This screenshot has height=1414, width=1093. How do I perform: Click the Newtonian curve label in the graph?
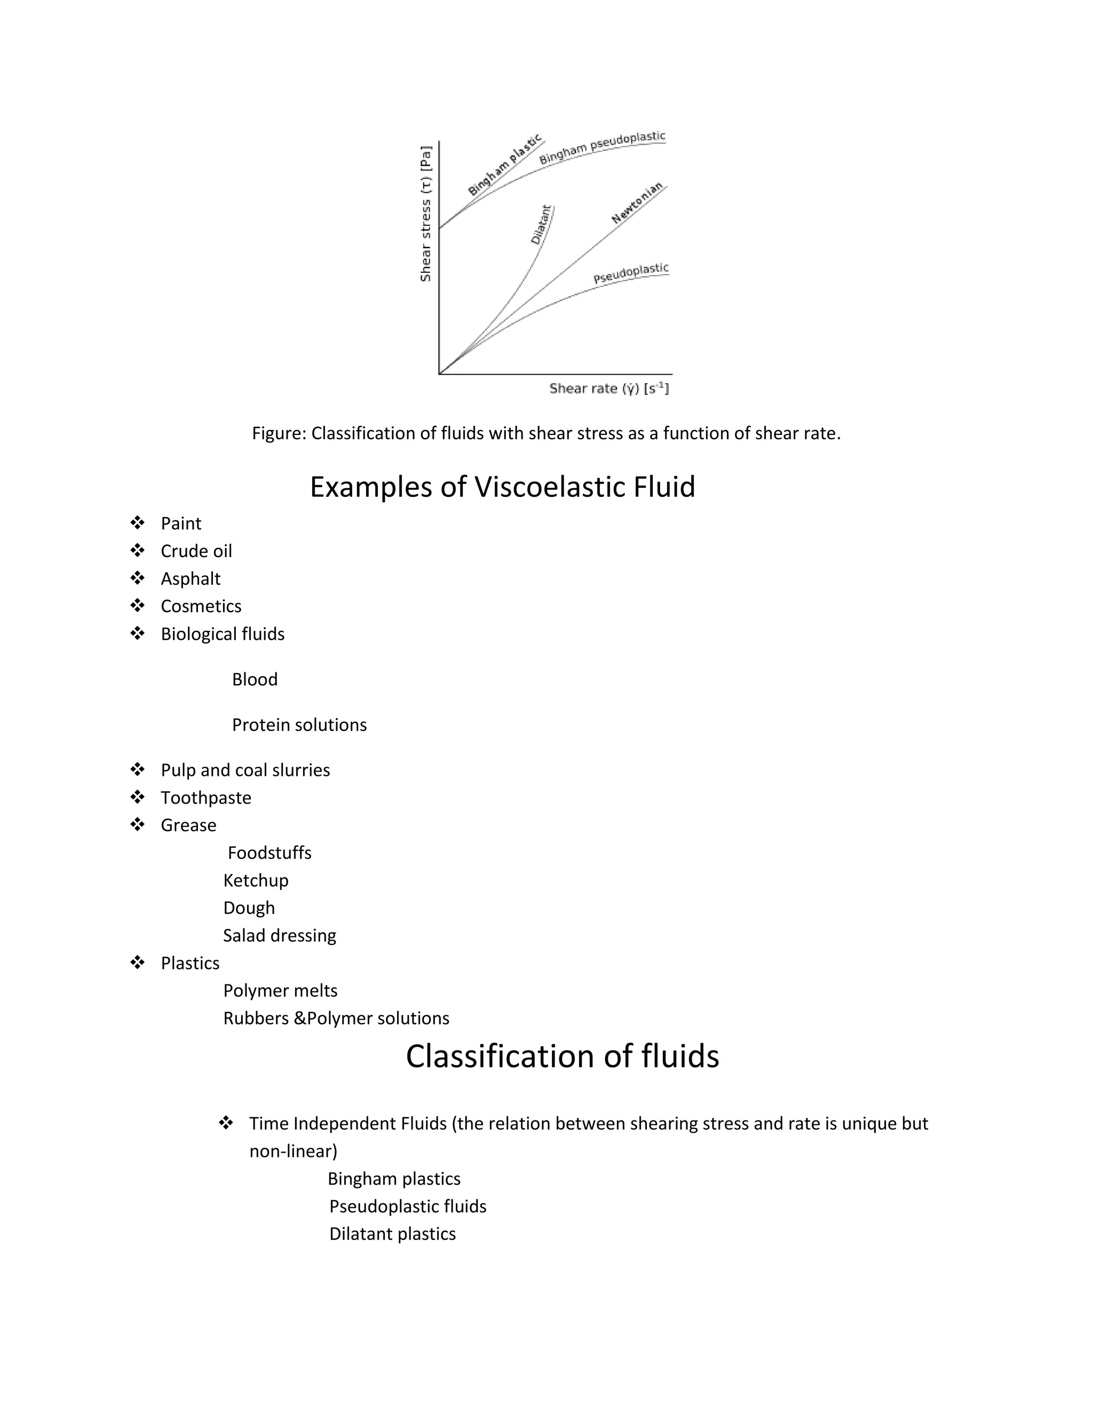tap(638, 203)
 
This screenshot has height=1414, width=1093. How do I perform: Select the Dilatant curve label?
tap(541, 225)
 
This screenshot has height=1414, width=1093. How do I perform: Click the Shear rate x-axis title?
tap(608, 388)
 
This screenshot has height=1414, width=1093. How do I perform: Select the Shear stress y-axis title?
tap(425, 213)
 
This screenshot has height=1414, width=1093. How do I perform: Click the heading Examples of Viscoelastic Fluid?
tap(502, 487)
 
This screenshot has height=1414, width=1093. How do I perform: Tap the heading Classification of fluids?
tap(562, 1056)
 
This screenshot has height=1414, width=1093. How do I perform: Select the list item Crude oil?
tap(196, 551)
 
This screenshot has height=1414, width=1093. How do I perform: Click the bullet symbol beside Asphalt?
tap(137, 577)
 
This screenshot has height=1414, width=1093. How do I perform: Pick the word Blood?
tap(255, 679)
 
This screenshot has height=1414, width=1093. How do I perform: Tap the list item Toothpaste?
tap(206, 798)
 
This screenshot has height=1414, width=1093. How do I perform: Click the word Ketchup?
tap(256, 880)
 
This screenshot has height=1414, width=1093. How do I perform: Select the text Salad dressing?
tap(280, 935)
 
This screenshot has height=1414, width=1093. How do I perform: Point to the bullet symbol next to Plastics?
tap(137, 962)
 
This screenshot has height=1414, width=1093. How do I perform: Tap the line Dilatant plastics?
tap(392, 1234)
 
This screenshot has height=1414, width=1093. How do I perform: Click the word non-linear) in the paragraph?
tap(294, 1151)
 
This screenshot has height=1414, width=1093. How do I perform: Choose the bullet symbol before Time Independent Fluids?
tap(226, 1123)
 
